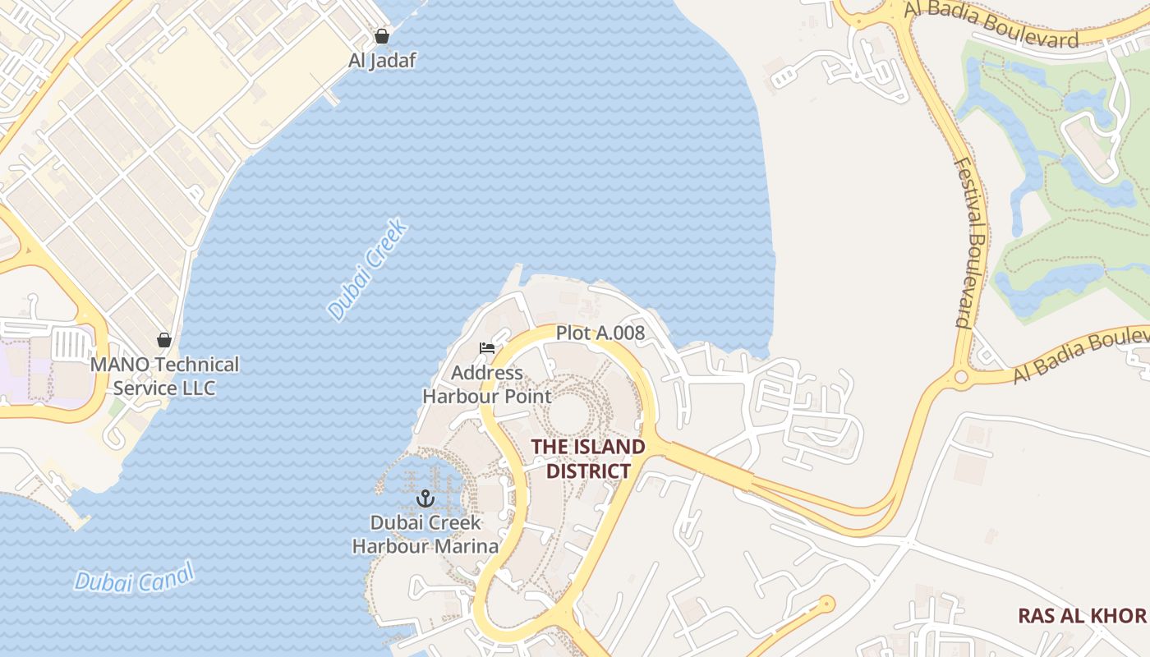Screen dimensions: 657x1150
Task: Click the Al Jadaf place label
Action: (x=382, y=60)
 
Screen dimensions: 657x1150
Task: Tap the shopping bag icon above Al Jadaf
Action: (x=381, y=36)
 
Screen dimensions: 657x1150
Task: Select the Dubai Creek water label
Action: (x=367, y=269)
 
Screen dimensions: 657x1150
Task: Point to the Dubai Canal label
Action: (x=135, y=577)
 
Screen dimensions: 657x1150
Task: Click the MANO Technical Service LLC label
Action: (x=164, y=375)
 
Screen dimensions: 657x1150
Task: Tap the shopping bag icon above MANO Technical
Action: (x=164, y=340)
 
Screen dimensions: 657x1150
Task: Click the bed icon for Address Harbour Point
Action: (x=487, y=348)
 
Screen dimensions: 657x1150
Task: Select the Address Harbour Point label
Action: (x=487, y=384)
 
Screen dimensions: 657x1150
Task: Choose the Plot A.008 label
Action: (x=600, y=333)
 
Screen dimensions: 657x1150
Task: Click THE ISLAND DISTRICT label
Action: (x=588, y=458)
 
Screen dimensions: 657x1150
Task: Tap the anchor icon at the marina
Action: (x=425, y=498)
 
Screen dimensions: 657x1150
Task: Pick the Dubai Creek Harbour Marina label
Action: (x=425, y=535)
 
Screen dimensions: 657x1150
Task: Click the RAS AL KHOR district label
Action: (x=1082, y=615)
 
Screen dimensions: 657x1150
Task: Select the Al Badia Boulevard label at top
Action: (x=991, y=25)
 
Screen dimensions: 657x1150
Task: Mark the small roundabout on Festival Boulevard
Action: (x=960, y=378)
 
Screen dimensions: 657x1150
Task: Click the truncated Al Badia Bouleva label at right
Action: (x=1081, y=356)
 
